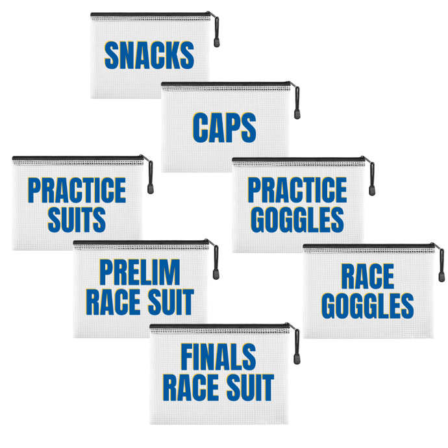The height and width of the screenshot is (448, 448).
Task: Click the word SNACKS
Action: click(149, 56)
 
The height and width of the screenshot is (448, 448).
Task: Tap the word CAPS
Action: click(223, 127)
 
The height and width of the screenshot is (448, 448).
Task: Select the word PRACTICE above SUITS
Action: click(77, 190)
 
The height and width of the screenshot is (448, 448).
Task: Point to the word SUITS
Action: click(77, 219)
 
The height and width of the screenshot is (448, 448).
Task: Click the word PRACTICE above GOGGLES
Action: click(297, 190)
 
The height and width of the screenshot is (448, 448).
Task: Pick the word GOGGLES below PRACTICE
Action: click(297, 219)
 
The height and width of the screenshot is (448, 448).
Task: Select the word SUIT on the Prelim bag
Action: click(171, 302)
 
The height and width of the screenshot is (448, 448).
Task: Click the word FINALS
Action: click(218, 358)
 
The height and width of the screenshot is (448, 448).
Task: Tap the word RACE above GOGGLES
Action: click(367, 277)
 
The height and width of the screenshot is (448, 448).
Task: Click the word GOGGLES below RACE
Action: click(367, 306)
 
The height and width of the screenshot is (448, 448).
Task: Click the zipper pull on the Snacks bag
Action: click(215, 43)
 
